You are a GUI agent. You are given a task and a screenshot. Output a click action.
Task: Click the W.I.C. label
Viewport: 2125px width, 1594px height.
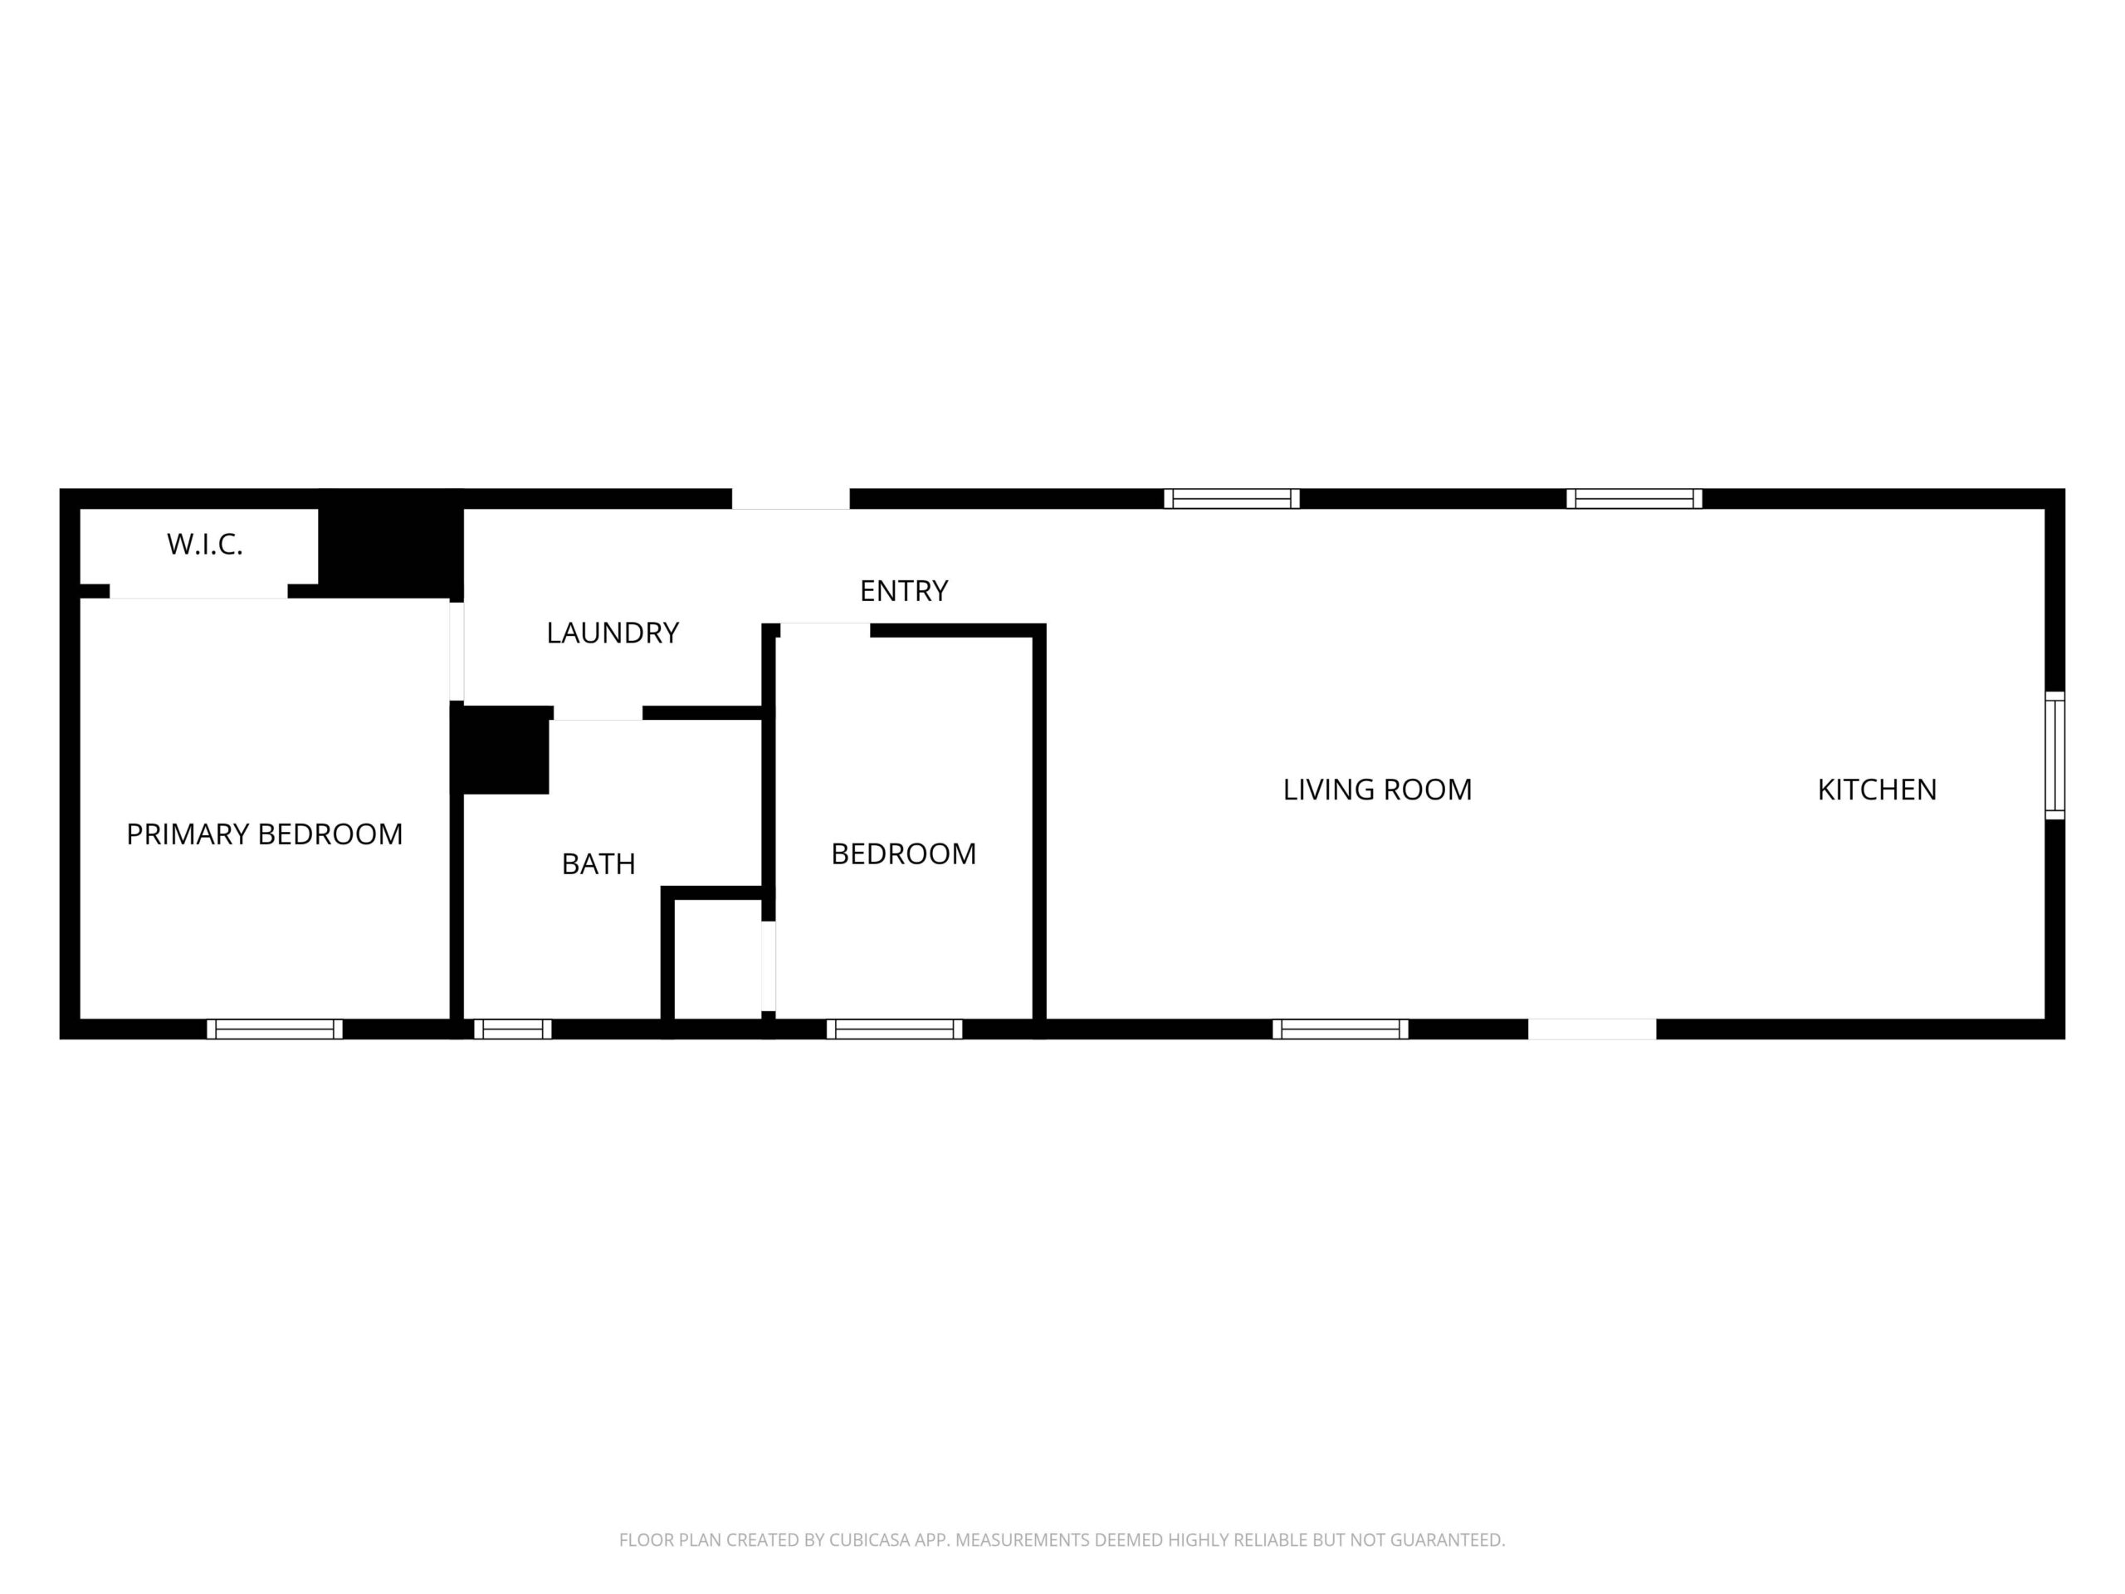pyautogui.click(x=205, y=545)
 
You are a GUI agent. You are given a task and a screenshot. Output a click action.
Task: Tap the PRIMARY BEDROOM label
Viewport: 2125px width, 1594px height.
pyautogui.click(x=264, y=834)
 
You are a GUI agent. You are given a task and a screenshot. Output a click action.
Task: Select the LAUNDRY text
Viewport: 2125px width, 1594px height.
pyautogui.click(x=613, y=633)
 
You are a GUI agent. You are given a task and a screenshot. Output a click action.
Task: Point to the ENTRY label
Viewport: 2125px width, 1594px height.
pyautogui.click(x=904, y=590)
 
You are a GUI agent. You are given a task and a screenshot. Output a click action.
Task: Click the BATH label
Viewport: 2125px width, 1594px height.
pyautogui.click(x=598, y=863)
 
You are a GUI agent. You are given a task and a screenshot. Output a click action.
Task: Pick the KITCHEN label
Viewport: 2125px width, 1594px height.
pyautogui.click(x=1877, y=789)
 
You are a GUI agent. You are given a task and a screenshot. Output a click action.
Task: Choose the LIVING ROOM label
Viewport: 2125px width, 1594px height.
pyautogui.click(x=1378, y=789)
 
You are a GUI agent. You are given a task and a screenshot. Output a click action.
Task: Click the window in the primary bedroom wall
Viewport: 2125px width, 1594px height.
pyautogui.click(x=275, y=1029)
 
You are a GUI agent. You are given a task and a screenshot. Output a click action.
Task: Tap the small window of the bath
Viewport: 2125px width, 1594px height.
pyautogui.click(x=513, y=1029)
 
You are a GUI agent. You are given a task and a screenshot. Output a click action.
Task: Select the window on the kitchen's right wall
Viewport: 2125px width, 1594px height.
pyautogui.click(x=2055, y=755)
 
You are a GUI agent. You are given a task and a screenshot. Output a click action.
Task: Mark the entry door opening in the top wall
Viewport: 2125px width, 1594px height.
pyautogui.click(x=790, y=499)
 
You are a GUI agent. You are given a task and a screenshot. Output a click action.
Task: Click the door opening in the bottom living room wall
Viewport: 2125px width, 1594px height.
pyautogui.click(x=1592, y=1029)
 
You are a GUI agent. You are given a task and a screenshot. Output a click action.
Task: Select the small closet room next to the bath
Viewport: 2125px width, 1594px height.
pyautogui.click(x=718, y=959)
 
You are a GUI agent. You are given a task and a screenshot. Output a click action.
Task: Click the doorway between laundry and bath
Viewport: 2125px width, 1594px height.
pyautogui.click(x=598, y=713)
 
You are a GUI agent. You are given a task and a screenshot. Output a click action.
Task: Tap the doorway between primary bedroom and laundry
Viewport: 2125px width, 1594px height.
pyautogui.click(x=457, y=652)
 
